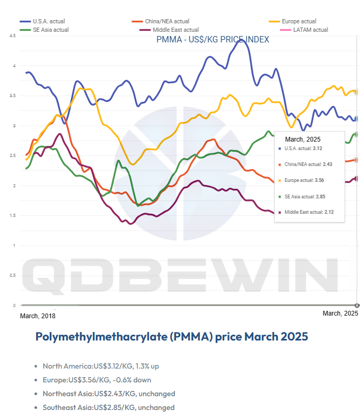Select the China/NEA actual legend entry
pyautogui.click(x=164, y=21)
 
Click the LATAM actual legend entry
pyautogui.click(x=310, y=30)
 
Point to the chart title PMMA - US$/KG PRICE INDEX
pyautogui.click(x=212, y=40)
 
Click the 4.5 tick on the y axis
pyautogui.click(x=12, y=36)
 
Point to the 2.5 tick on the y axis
pyautogui.click(x=12, y=155)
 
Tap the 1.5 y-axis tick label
pyautogui.click(x=12, y=215)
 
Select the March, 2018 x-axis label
pyautogui.click(x=37, y=316)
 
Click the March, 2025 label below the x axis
pyautogui.click(x=340, y=313)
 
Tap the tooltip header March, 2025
pyautogui.click(x=303, y=139)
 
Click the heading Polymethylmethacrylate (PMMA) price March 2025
pyautogui.click(x=171, y=337)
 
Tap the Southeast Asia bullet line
pyautogui.click(x=109, y=407)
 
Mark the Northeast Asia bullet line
pyautogui.click(x=109, y=394)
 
